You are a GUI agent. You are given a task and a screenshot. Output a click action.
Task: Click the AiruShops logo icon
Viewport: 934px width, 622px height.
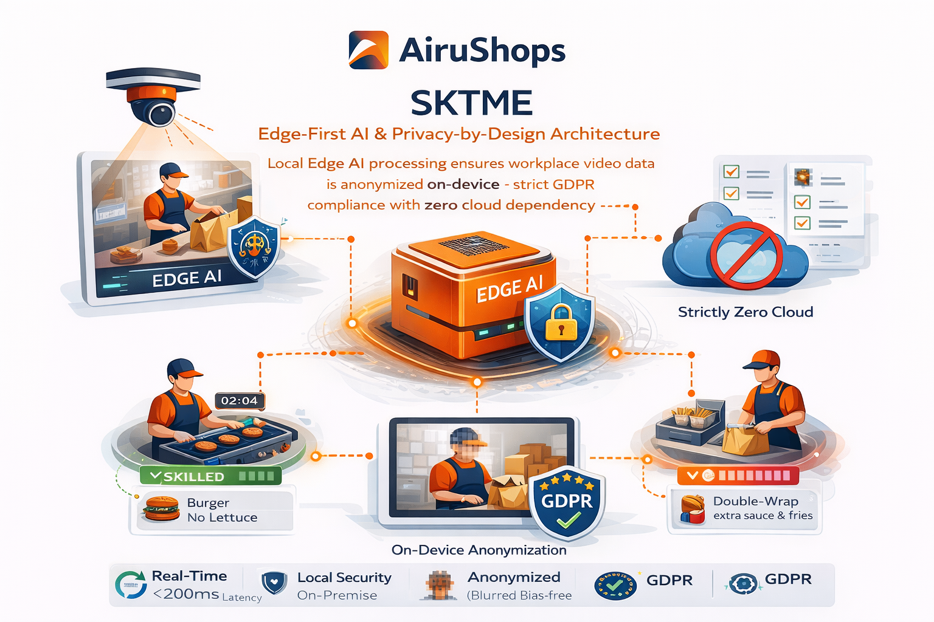(368, 50)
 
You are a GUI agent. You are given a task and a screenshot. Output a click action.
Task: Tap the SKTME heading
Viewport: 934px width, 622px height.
(471, 103)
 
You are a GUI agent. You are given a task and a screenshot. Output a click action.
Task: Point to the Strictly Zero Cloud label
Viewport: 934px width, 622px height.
(745, 312)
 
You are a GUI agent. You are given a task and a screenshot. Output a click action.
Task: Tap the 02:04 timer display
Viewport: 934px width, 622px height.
(240, 401)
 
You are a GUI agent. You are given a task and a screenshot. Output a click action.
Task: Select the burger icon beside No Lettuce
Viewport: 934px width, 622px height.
(161, 509)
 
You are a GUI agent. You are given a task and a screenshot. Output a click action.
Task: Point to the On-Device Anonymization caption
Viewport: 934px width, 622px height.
(479, 550)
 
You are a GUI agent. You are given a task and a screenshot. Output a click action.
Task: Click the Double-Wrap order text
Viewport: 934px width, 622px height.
(756, 502)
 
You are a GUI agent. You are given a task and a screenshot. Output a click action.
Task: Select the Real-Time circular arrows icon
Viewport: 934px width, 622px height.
(130, 585)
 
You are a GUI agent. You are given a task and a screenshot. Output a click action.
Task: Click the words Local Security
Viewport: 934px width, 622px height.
(344, 578)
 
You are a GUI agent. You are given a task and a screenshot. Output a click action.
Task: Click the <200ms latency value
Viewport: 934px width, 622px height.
(186, 594)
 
